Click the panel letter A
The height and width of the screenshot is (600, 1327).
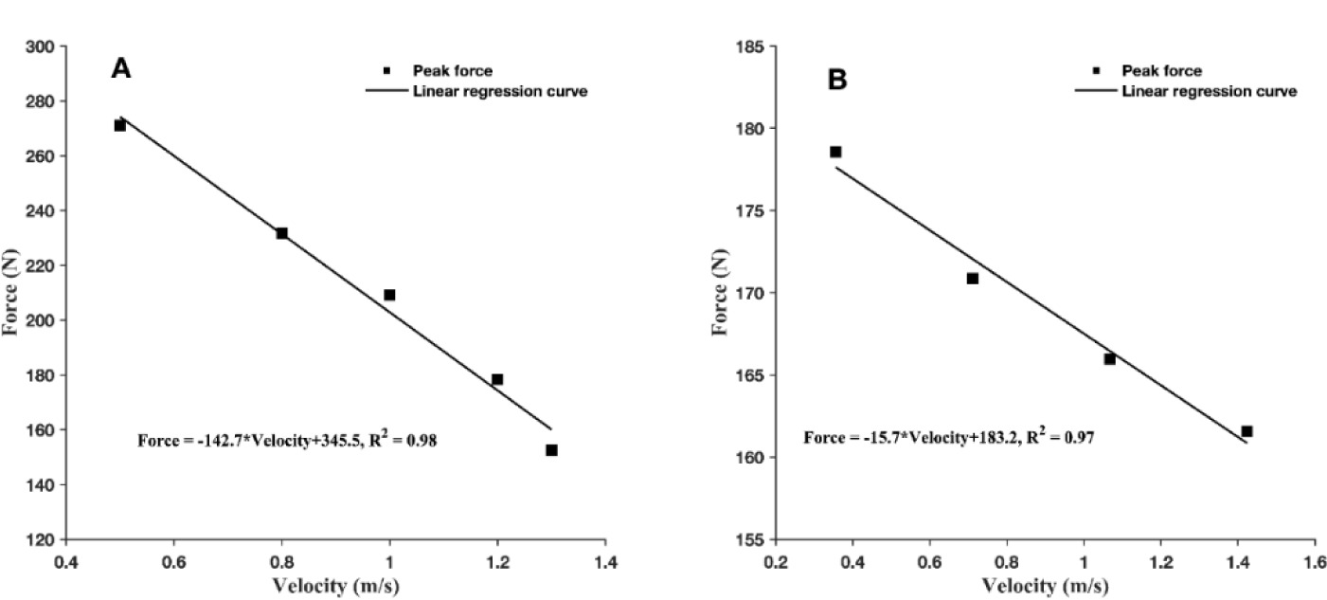pyautogui.click(x=120, y=68)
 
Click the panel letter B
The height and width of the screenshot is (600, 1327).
pyautogui.click(x=837, y=80)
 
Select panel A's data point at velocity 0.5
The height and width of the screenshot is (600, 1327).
pyautogui.click(x=120, y=125)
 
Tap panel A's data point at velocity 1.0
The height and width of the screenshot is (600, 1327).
pyautogui.click(x=389, y=295)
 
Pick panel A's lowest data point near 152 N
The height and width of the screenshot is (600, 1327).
pyautogui.click(x=551, y=450)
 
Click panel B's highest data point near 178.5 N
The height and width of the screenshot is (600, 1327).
pyautogui.click(x=835, y=152)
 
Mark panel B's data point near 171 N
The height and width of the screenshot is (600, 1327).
pyautogui.click(x=972, y=278)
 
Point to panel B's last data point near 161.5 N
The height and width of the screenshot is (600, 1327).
pyautogui.click(x=1246, y=431)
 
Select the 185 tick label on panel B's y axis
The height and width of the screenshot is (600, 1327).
pyautogui.click(x=755, y=46)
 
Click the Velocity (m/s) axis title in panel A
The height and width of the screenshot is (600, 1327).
pyautogui.click(x=336, y=586)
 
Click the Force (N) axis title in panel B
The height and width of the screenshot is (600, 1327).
pyautogui.click(x=722, y=293)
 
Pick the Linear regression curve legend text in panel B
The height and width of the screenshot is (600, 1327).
pyautogui.click(x=1209, y=91)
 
